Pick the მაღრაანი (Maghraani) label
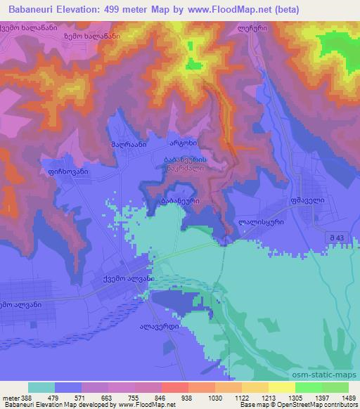(128, 144)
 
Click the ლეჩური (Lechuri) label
(252, 31)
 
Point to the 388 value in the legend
(18, 398)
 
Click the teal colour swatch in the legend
(41, 387)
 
